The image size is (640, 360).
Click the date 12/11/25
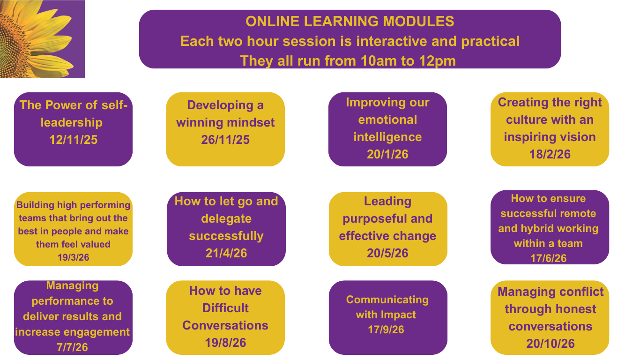[74, 140]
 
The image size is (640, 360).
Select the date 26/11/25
[225, 140]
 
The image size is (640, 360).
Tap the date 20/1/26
[388, 154]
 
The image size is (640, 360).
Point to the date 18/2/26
[550, 154]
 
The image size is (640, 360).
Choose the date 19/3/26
[74, 257]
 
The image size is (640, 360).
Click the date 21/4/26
[226, 253]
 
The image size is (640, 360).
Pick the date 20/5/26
[388, 253]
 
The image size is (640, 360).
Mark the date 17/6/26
[548, 258]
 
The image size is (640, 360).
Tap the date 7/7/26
[72, 347]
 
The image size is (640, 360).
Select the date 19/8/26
[225, 343]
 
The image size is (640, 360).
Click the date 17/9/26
[386, 330]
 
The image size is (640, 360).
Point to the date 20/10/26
[551, 344]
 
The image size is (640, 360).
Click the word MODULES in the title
[418, 22]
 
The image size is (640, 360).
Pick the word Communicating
[387, 300]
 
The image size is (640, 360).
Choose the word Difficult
[225, 308]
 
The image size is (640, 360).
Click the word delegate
[226, 219]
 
